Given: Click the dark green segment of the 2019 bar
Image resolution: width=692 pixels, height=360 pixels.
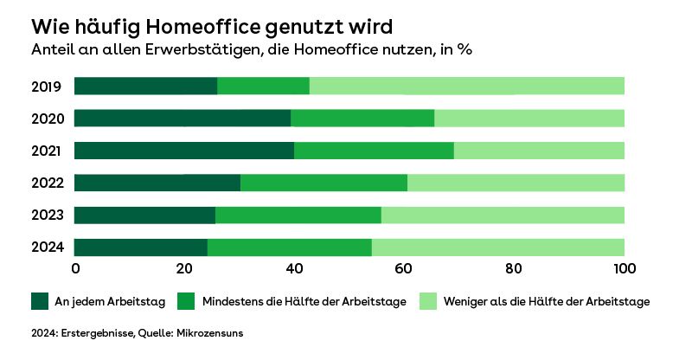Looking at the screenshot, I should pyautogui.click(x=145, y=86).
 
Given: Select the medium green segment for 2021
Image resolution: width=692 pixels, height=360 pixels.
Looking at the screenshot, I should pyautogui.click(x=374, y=151).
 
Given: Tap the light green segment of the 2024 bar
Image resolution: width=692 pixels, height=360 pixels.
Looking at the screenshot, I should pyautogui.click(x=497, y=247).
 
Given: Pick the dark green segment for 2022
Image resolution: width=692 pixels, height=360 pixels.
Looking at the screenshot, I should pyautogui.click(x=157, y=183).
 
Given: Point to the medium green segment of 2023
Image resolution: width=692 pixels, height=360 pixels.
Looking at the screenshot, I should pyautogui.click(x=298, y=215).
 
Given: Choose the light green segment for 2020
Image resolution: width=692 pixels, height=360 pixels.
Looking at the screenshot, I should pyautogui.click(x=529, y=119).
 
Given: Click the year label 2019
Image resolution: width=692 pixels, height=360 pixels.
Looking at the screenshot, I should pyautogui.click(x=46, y=87).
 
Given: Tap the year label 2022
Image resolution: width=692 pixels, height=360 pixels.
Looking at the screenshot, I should pyautogui.click(x=46, y=183).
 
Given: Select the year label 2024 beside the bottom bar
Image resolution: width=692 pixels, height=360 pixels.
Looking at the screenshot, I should pyautogui.click(x=46, y=248).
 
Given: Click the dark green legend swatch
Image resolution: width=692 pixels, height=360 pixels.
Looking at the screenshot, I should pyautogui.click(x=40, y=301).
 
